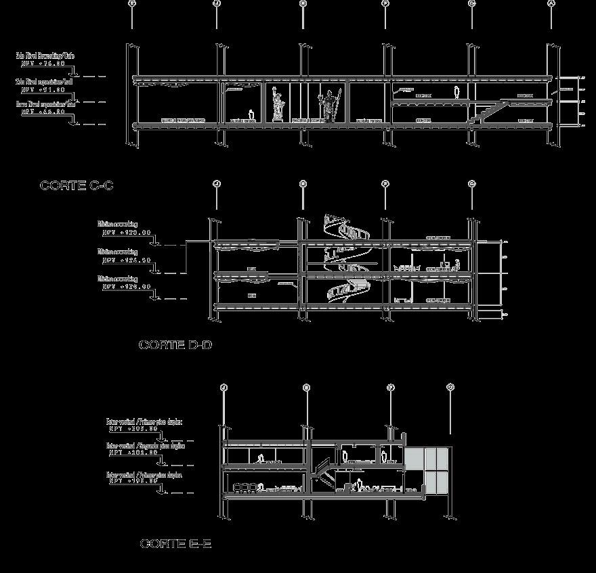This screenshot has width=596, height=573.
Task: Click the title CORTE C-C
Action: point(77,185)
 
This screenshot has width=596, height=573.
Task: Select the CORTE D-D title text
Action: point(175,345)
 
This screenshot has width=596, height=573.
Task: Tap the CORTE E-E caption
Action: point(175,544)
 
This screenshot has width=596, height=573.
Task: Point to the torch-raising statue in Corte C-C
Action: point(276,105)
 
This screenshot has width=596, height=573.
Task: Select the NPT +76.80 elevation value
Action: point(43,64)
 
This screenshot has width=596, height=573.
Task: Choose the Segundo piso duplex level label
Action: point(145,446)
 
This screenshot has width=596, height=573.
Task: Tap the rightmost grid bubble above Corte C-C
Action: point(551,3)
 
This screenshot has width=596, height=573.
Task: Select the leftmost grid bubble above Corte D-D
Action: point(216,183)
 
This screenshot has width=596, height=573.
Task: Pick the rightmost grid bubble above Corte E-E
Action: point(451,388)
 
